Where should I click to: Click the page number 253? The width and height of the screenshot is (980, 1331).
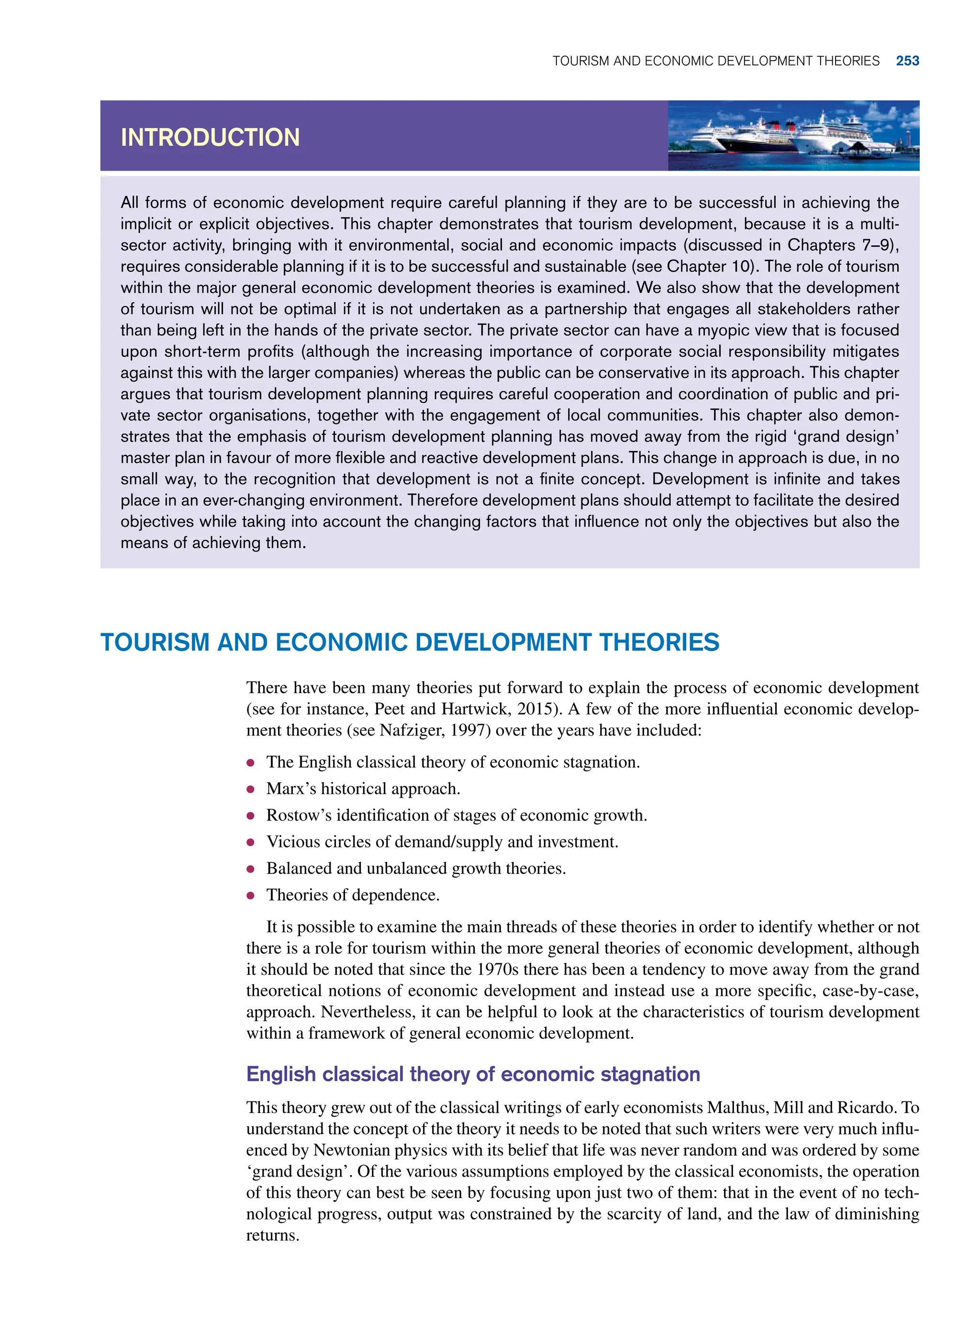(x=907, y=61)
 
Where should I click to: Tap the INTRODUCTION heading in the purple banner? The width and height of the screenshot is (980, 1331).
(x=210, y=138)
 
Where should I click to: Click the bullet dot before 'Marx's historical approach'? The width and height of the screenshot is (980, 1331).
(x=251, y=789)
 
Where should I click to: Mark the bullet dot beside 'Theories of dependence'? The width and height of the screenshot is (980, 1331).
(x=251, y=895)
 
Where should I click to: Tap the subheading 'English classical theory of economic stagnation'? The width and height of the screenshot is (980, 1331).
(x=473, y=1074)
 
